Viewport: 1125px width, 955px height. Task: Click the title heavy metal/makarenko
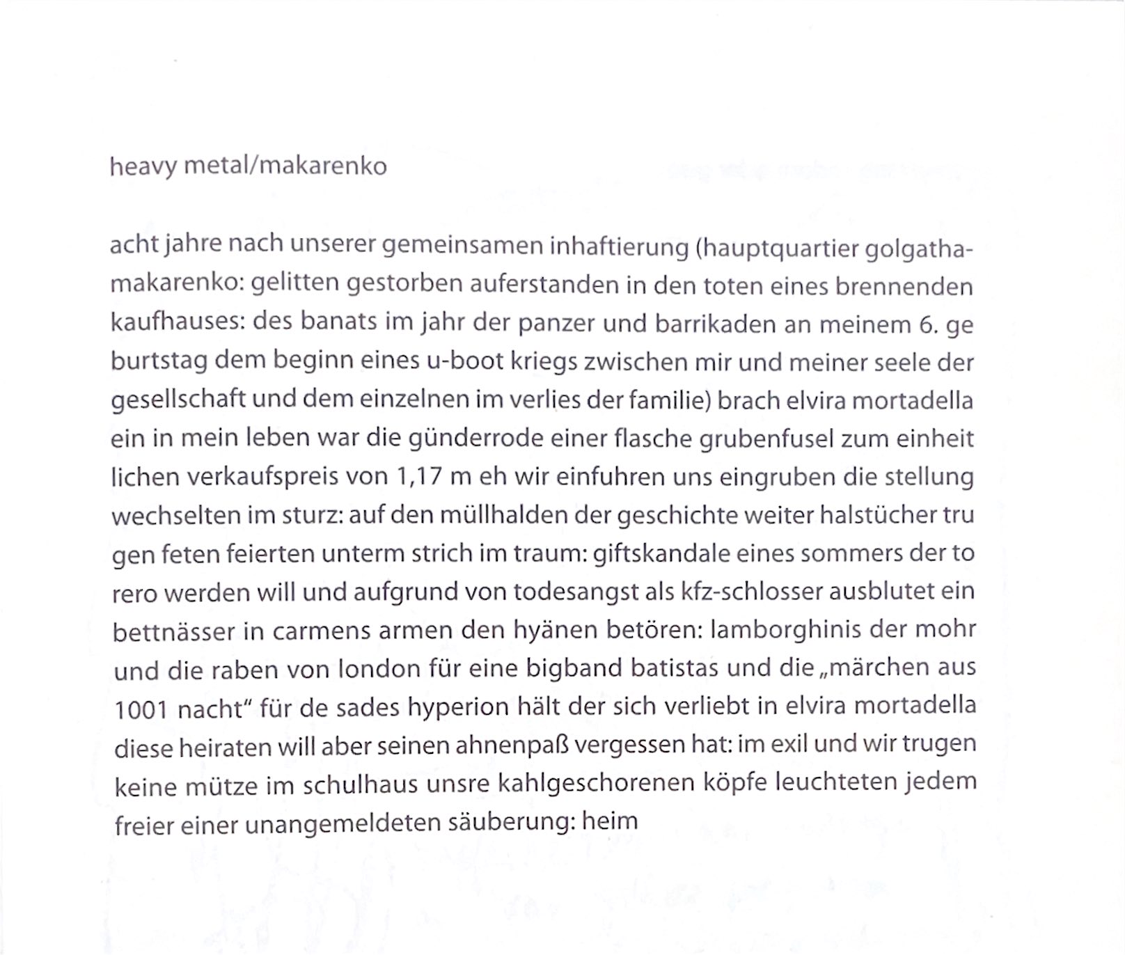click(248, 167)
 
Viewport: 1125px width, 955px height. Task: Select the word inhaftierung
click(619, 247)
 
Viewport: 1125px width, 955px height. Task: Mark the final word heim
click(610, 821)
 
